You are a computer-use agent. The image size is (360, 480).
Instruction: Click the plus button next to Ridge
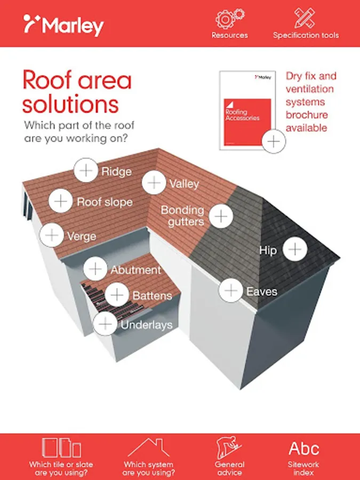coord(86,170)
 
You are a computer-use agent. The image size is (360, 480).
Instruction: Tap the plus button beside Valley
coord(154,182)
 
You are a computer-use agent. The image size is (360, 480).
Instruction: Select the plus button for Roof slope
coord(61,201)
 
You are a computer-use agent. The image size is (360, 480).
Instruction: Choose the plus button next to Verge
coord(52,235)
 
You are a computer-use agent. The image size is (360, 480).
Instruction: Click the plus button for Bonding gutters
coord(221,216)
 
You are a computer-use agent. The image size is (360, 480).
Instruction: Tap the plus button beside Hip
coord(295,249)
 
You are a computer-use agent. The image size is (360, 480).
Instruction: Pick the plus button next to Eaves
coord(231,290)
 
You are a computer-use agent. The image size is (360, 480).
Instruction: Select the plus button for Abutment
coord(95,269)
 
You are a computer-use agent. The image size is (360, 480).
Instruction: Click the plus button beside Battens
coord(117,295)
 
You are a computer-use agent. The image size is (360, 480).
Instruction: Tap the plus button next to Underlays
coord(105,324)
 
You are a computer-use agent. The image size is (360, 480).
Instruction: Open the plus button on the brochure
coord(274,141)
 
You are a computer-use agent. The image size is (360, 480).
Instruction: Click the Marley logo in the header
coord(63,25)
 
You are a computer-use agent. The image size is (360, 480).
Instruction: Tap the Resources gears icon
coord(229,18)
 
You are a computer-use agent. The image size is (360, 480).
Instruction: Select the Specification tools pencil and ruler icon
coord(305,18)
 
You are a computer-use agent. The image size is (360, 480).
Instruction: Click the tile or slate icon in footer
coord(61,447)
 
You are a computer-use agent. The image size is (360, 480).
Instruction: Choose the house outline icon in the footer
coord(149,447)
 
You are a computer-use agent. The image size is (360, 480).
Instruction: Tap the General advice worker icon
coord(229,447)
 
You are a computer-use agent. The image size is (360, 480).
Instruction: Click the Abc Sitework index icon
coord(303,449)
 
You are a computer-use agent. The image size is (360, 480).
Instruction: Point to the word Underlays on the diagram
coord(147,325)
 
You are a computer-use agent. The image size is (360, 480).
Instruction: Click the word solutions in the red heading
coord(70,105)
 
